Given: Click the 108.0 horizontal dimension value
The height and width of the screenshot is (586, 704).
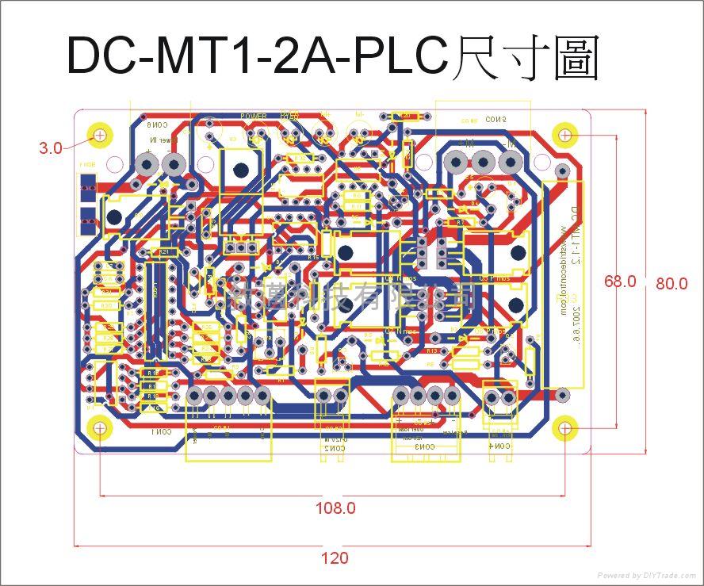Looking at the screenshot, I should pos(335,508).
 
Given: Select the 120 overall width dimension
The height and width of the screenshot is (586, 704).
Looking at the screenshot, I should pos(335,558).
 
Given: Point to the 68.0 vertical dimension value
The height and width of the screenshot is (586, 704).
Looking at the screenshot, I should pos(619,281).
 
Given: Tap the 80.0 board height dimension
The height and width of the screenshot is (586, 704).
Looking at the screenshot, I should pos(671,283).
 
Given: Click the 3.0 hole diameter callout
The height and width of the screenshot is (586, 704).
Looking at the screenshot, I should pos(50,147).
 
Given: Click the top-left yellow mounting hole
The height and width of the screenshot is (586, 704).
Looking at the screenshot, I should pos(100,136).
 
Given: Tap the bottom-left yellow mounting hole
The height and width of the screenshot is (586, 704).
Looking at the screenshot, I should pos(100,427).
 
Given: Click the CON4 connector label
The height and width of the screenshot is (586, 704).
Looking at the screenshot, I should pos(499,447).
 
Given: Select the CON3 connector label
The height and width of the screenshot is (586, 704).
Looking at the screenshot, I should pos(425,447).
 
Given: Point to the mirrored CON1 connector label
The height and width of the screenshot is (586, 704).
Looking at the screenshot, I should pos(161,432).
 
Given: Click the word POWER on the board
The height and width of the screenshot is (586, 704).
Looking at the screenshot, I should pos(254,116).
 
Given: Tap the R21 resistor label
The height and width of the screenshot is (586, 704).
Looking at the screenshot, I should pos(163,252).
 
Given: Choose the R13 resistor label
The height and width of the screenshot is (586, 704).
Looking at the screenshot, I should pos(432,350).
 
